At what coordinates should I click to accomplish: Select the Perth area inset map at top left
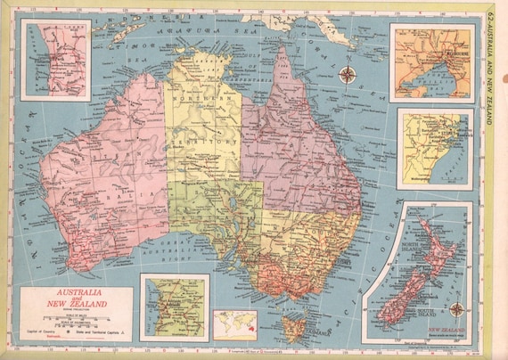pyautogui.click(x=56, y=60)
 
